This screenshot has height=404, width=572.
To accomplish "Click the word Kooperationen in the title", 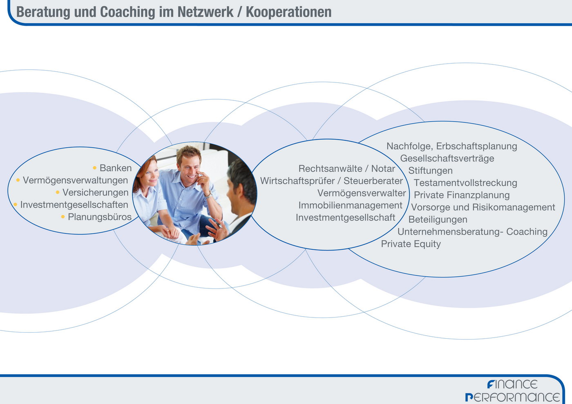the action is point(288,12).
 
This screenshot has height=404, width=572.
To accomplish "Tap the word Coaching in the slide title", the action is point(127,12).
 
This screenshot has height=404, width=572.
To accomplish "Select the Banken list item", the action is point(116,168).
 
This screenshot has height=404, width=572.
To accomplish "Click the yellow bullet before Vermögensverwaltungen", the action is point(18,180).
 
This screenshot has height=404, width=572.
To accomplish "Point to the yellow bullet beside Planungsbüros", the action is point(63,217).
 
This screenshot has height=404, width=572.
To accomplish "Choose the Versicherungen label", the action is point(96,193).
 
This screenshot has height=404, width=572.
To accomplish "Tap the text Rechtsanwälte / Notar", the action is point(347,169).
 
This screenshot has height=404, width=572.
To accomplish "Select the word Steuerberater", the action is point(373,181).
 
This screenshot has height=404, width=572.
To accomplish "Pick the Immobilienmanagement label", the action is point(351,205).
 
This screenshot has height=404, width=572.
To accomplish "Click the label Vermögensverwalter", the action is point(362,193).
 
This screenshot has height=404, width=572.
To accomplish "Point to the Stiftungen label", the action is point(431,171).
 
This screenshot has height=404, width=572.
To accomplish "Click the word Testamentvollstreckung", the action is point(465,183).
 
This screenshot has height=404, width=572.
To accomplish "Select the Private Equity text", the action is point(411,244).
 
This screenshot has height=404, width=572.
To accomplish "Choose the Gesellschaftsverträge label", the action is point(447,158).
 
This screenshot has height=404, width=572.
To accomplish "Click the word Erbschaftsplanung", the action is point(476,146).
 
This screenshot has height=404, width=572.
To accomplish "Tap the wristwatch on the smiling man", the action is point(208,195).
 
